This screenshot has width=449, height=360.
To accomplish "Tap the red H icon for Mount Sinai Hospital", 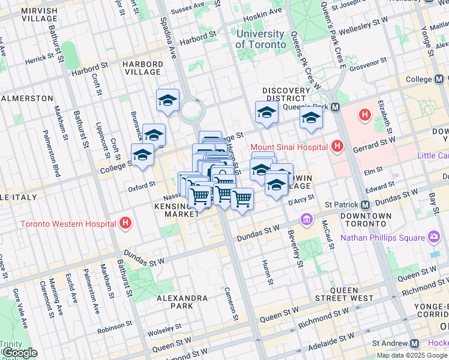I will tap(337, 146).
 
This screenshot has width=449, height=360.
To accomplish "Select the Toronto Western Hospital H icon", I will tap(125, 224).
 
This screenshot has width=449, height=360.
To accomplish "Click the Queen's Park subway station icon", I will tap(336, 107).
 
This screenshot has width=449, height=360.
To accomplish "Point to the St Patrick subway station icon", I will tap(366, 204).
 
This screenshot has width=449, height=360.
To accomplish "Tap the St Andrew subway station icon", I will tap(414, 344).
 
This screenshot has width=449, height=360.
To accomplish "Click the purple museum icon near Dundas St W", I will tap(308, 218).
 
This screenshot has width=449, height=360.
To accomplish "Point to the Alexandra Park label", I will tap(181, 303).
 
